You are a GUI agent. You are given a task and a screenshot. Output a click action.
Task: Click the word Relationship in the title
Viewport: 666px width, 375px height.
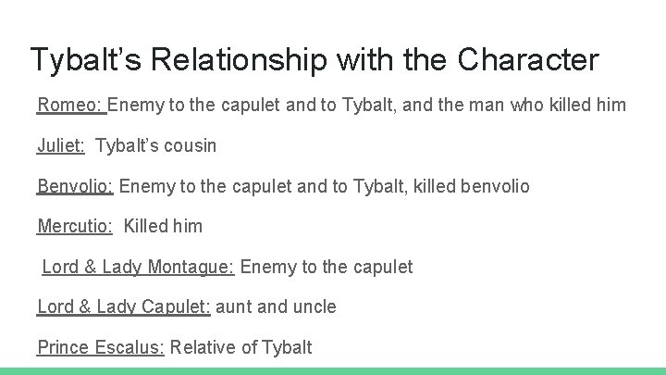pyautogui.click(x=237, y=61)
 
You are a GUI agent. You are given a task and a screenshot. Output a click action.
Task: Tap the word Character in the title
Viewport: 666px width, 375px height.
pyautogui.click(x=528, y=61)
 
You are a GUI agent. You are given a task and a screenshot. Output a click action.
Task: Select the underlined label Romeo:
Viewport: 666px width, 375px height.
pyautogui.click(x=71, y=106)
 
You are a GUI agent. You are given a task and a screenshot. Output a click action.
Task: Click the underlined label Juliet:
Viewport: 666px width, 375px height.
pyautogui.click(x=61, y=145)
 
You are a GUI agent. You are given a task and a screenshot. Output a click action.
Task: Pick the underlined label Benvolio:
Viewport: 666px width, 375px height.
pyautogui.click(x=75, y=186)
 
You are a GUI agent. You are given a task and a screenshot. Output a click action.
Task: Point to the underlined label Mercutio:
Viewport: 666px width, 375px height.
pyautogui.click(x=75, y=226)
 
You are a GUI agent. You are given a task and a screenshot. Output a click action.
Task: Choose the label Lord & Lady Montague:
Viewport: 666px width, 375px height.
pyautogui.click(x=139, y=267)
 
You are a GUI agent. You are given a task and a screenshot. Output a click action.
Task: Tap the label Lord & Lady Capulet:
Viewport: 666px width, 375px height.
pyautogui.click(x=124, y=306)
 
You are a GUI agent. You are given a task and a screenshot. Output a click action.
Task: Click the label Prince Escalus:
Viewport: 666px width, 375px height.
pyautogui.click(x=101, y=347)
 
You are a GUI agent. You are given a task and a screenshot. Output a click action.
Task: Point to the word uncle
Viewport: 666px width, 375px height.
pyautogui.click(x=314, y=306)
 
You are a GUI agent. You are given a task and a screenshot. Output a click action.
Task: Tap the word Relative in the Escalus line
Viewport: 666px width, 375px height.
pyautogui.click(x=203, y=347)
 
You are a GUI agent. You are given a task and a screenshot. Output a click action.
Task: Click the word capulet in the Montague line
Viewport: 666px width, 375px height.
pyautogui.click(x=378, y=267)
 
